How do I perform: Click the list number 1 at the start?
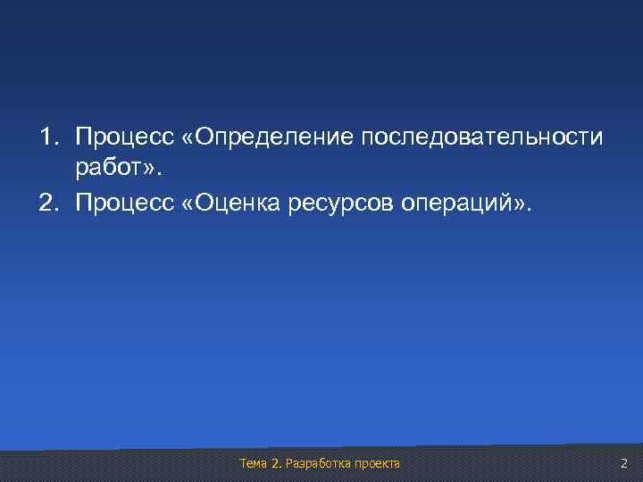coord(45,138)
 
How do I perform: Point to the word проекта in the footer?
coord(378,463)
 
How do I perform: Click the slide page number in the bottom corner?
coord(624,463)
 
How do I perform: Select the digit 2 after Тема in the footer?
coord(273,463)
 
